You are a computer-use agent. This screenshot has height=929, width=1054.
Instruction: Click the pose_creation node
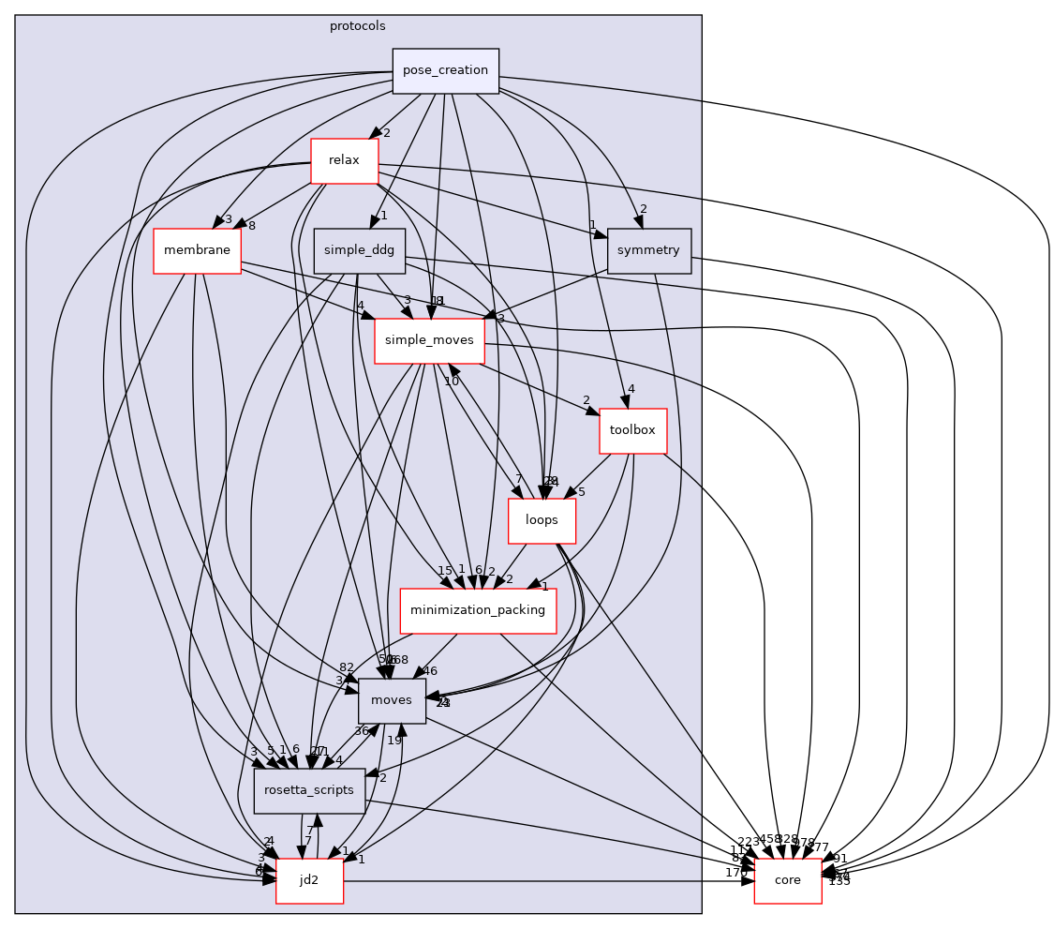445,71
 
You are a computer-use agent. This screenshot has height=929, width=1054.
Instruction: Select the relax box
344,160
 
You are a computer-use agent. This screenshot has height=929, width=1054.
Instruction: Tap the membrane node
197,250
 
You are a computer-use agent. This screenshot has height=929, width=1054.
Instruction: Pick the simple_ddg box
359,250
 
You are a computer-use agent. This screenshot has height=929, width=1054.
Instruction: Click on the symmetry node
649,250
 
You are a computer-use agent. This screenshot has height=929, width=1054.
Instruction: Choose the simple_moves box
429,340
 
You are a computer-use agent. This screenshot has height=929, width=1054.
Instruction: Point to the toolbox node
632,431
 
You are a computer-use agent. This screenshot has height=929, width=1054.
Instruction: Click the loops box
542,520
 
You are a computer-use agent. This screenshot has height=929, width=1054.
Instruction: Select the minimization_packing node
478,610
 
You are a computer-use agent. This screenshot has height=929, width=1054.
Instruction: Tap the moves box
392,700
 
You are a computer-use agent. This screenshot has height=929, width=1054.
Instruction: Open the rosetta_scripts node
309,790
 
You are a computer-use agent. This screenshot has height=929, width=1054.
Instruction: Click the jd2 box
309,881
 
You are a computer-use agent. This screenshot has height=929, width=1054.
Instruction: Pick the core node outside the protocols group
787,881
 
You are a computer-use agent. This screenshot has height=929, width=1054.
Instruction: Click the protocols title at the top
357,26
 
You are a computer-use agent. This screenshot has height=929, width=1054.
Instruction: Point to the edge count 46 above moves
430,671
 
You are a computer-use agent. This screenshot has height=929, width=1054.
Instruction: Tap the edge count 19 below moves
394,740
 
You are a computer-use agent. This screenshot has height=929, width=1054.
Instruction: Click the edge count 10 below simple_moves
452,382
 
